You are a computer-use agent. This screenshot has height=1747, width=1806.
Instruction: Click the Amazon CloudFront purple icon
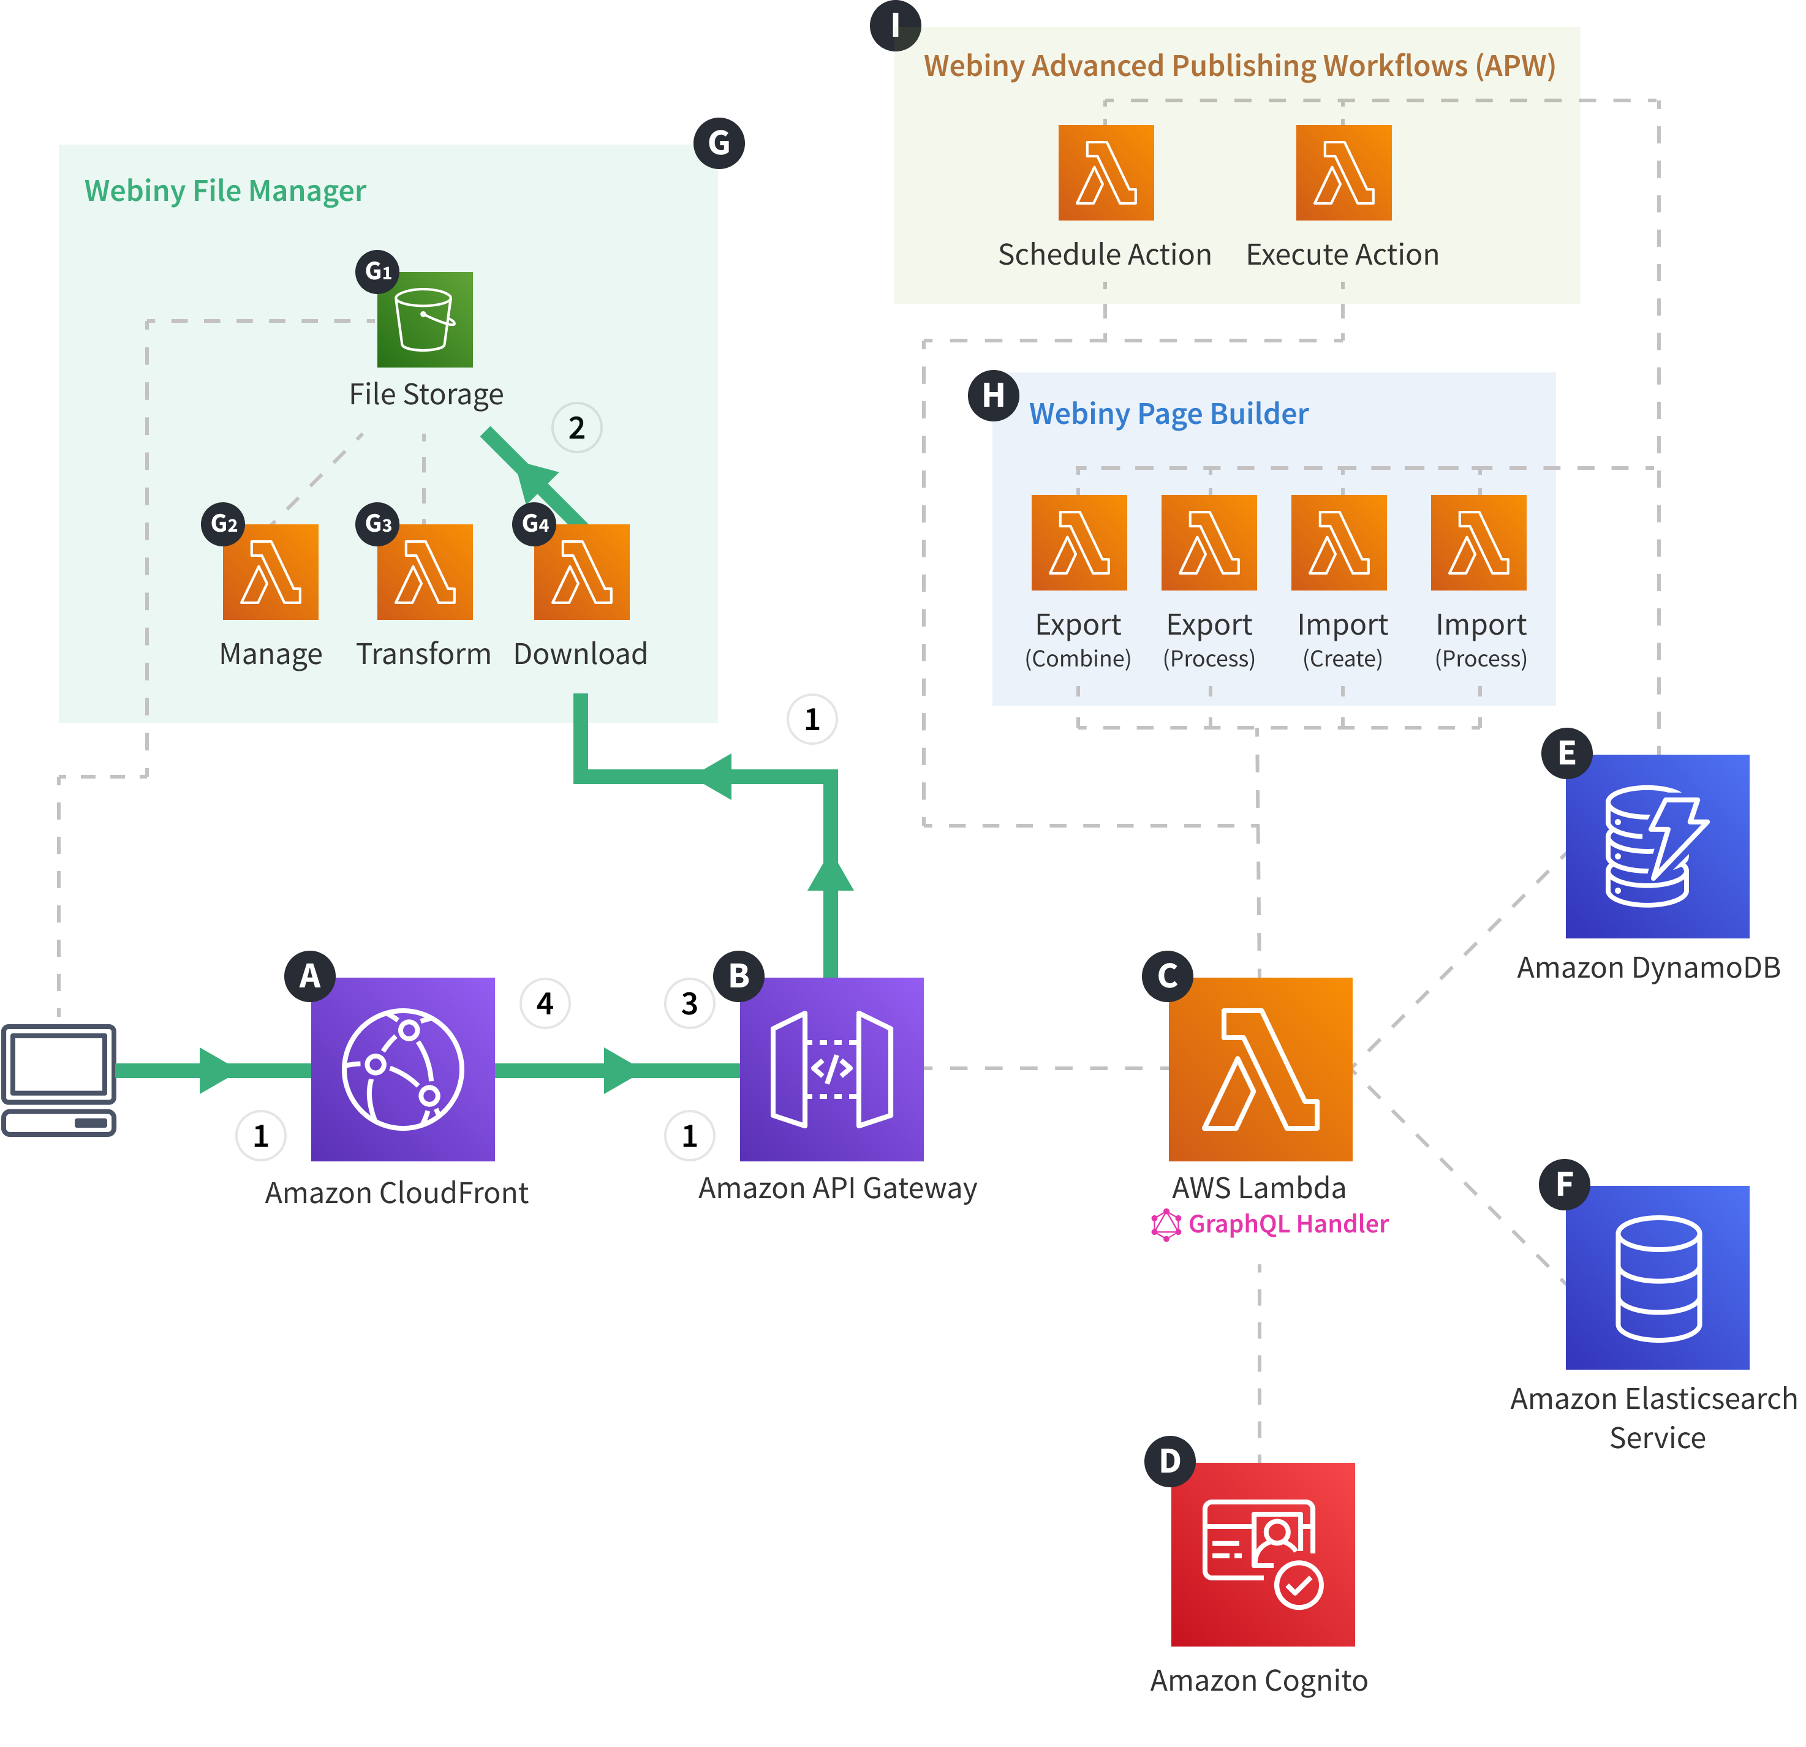[402, 1069]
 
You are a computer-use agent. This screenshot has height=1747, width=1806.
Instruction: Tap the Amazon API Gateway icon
[831, 1069]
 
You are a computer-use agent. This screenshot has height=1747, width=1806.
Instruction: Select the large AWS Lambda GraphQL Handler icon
[1260, 1069]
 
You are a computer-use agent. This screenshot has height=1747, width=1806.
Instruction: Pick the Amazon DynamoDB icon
[1657, 846]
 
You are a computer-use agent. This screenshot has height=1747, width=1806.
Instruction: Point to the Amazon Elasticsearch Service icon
[1657, 1277]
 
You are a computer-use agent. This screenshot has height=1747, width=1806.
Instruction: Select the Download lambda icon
[581, 572]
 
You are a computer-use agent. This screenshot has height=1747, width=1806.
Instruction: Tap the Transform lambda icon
[425, 572]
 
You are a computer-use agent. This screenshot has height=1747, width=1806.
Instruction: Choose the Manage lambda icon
[270, 572]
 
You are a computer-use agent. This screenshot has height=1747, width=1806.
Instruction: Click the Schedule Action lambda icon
[1106, 172]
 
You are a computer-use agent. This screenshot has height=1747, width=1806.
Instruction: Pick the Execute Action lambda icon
[1343, 172]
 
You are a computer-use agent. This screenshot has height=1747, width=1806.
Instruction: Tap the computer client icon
[59, 1079]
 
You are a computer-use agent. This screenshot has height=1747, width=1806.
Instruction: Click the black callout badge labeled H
[993, 395]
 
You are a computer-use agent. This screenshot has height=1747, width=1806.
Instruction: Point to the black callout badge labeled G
[719, 143]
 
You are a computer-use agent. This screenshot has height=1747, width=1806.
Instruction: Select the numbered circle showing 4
[545, 1003]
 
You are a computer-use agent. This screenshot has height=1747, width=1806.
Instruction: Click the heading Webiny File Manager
[225, 191]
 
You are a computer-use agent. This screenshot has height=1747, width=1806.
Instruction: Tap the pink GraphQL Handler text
[1287, 1224]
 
